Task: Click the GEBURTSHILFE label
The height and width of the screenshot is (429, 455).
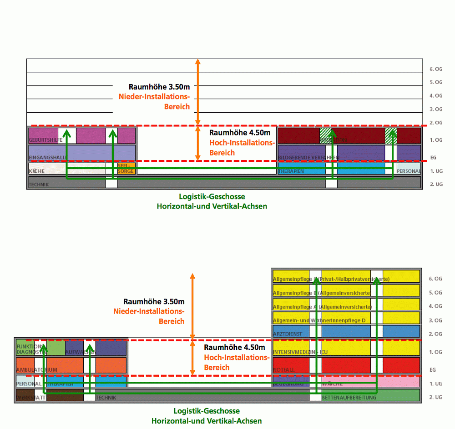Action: point(45,140)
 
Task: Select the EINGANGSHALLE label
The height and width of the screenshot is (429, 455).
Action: point(48,157)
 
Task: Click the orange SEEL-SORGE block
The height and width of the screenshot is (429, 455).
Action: point(126,169)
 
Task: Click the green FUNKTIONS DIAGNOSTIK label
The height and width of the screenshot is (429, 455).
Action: point(29,349)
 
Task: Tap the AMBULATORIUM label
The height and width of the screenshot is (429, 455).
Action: point(37,370)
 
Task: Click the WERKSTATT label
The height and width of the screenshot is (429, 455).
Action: point(31,398)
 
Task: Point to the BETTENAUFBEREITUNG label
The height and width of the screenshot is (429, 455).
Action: point(349,398)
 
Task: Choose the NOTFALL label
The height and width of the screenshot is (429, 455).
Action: point(284,370)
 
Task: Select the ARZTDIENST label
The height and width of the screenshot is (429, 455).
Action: point(288,334)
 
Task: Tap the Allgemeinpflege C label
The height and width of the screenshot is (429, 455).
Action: point(330,279)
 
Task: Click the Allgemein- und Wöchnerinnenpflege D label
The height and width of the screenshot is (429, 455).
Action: point(319,320)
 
